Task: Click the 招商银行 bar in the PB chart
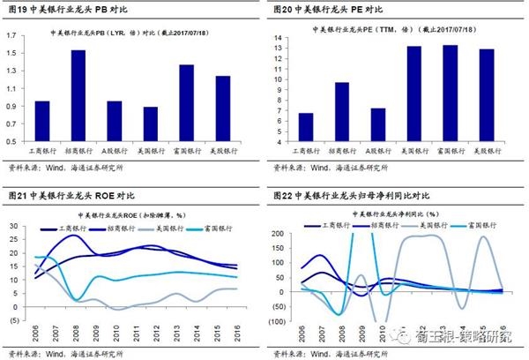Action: point(78,96)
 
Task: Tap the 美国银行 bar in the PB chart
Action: point(150,124)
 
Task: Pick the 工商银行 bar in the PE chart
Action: point(307,127)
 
